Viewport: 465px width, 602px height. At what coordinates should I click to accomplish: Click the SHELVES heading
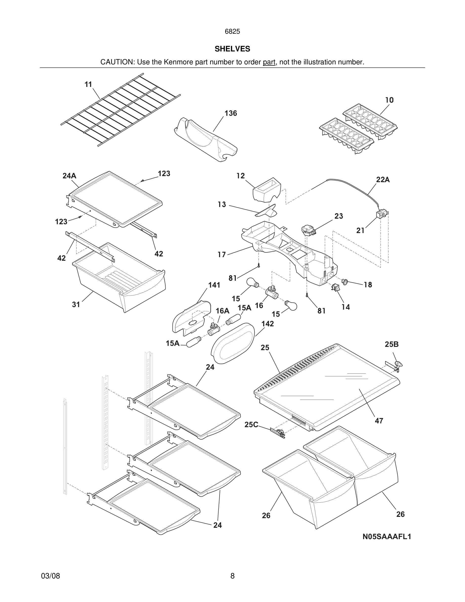[x=232, y=49]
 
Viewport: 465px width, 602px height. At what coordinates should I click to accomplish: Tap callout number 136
[x=230, y=113]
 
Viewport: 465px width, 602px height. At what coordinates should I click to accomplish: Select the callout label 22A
[x=383, y=180]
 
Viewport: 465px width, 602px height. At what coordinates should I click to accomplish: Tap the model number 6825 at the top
[x=232, y=31]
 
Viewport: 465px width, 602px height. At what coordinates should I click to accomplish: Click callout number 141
[x=214, y=285]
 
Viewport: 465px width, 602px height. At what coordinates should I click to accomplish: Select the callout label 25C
[x=251, y=425]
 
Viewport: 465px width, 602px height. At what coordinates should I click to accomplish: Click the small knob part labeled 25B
[x=398, y=364]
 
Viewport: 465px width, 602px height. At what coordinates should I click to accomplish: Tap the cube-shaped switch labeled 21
[x=381, y=214]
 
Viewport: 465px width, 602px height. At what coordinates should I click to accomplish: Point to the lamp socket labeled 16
[x=271, y=292]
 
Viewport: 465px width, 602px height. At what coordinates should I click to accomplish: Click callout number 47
[x=379, y=421]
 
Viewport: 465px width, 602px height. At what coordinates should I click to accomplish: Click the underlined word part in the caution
[x=269, y=62]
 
